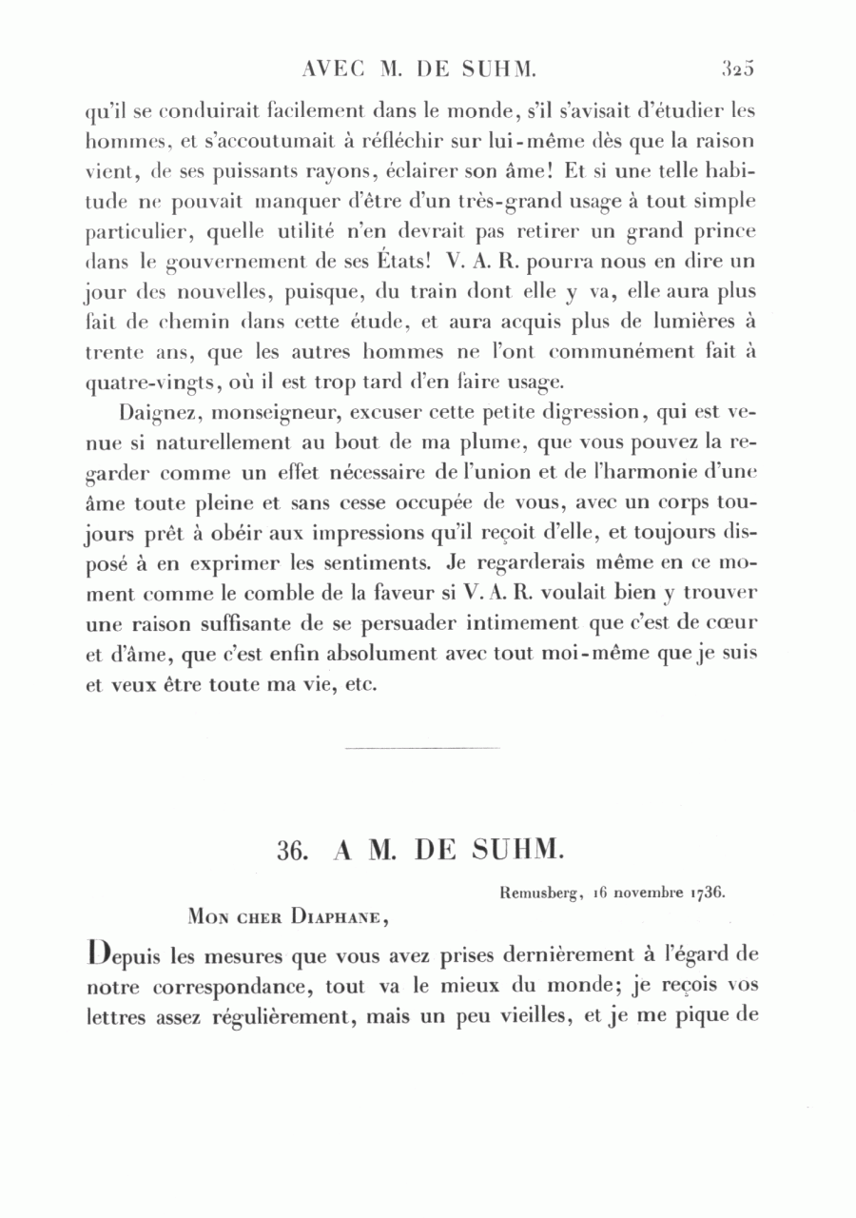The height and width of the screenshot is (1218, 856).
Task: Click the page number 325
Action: click(737, 68)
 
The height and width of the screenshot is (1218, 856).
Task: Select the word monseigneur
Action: click(260, 415)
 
